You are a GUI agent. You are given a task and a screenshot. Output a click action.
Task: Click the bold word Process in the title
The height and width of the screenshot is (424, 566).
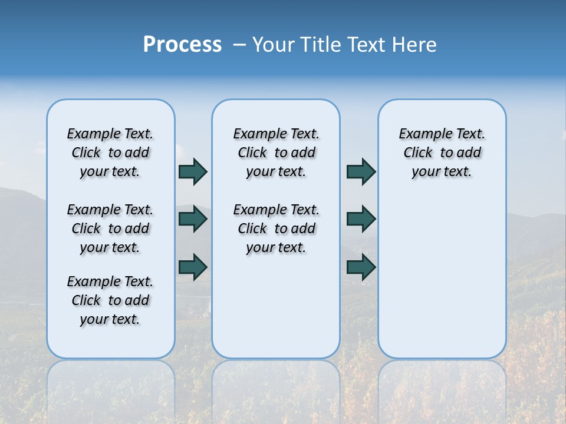pyautogui.click(x=182, y=45)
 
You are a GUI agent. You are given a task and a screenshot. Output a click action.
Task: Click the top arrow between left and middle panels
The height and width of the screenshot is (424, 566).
pyautogui.click(x=192, y=171)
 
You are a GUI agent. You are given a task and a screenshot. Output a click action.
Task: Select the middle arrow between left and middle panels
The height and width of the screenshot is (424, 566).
pyautogui.click(x=192, y=219)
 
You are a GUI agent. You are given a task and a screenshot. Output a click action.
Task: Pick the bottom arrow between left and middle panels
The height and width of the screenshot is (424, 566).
pyautogui.click(x=192, y=267)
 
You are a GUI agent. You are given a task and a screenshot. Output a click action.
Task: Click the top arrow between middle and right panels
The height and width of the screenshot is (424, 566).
pyautogui.click(x=361, y=171)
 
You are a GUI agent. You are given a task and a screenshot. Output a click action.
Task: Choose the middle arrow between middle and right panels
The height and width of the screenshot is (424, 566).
pyautogui.click(x=361, y=219)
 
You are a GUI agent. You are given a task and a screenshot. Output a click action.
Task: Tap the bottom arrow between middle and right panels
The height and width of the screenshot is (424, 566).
pyautogui.click(x=361, y=267)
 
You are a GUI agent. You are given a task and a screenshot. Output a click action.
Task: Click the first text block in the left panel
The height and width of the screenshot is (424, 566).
pyautogui.click(x=110, y=153)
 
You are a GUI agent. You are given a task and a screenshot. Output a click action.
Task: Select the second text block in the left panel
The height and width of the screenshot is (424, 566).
pyautogui.click(x=110, y=228)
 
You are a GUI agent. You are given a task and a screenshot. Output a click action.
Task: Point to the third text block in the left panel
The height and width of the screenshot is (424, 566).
pyautogui.click(x=110, y=300)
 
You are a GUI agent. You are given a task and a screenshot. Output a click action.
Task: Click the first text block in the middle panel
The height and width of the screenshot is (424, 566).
pyautogui.click(x=276, y=153)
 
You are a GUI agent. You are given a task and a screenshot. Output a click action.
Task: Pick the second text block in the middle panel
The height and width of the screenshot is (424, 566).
pyautogui.click(x=276, y=228)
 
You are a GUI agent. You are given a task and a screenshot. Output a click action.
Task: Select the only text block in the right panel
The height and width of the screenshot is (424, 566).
pyautogui.click(x=442, y=153)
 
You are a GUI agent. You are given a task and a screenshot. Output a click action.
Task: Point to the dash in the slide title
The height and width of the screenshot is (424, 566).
pyautogui.click(x=239, y=45)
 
